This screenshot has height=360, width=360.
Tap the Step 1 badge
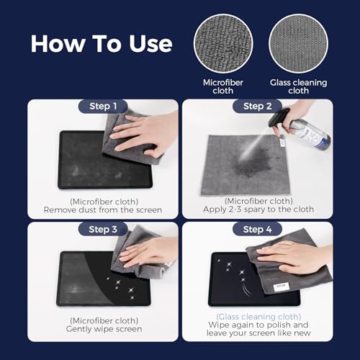pos(102,107)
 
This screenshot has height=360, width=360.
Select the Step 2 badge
pos(256,107)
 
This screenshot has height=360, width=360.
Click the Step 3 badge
pos(102,230)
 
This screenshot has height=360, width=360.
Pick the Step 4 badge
pos(256,230)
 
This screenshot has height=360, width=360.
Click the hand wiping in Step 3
pos(148,252)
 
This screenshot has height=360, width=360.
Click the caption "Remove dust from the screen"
pos(102,210)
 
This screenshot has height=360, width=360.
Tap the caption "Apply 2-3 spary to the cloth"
pos(256,210)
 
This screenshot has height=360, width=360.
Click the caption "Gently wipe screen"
pos(102,329)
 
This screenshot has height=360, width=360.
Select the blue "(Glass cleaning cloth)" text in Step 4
pos(256,317)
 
